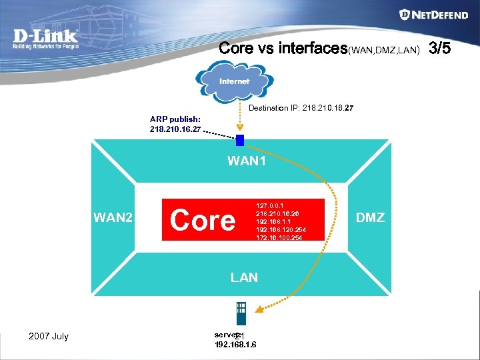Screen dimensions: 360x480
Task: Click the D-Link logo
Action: pyautogui.click(x=45, y=38)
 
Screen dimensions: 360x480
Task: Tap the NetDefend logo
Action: pyautogui.click(x=433, y=15)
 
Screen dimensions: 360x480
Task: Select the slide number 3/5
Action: pyautogui.click(x=441, y=48)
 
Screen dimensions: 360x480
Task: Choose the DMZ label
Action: pyautogui.click(x=371, y=217)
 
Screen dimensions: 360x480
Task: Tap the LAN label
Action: pyautogui.click(x=244, y=277)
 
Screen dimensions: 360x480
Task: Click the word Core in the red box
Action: pyautogui.click(x=203, y=219)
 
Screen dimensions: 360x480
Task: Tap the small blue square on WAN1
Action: pyautogui.click(x=240, y=140)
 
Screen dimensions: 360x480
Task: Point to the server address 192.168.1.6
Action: pyautogui.click(x=235, y=345)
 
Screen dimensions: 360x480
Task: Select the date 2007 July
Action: pyautogui.click(x=49, y=336)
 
